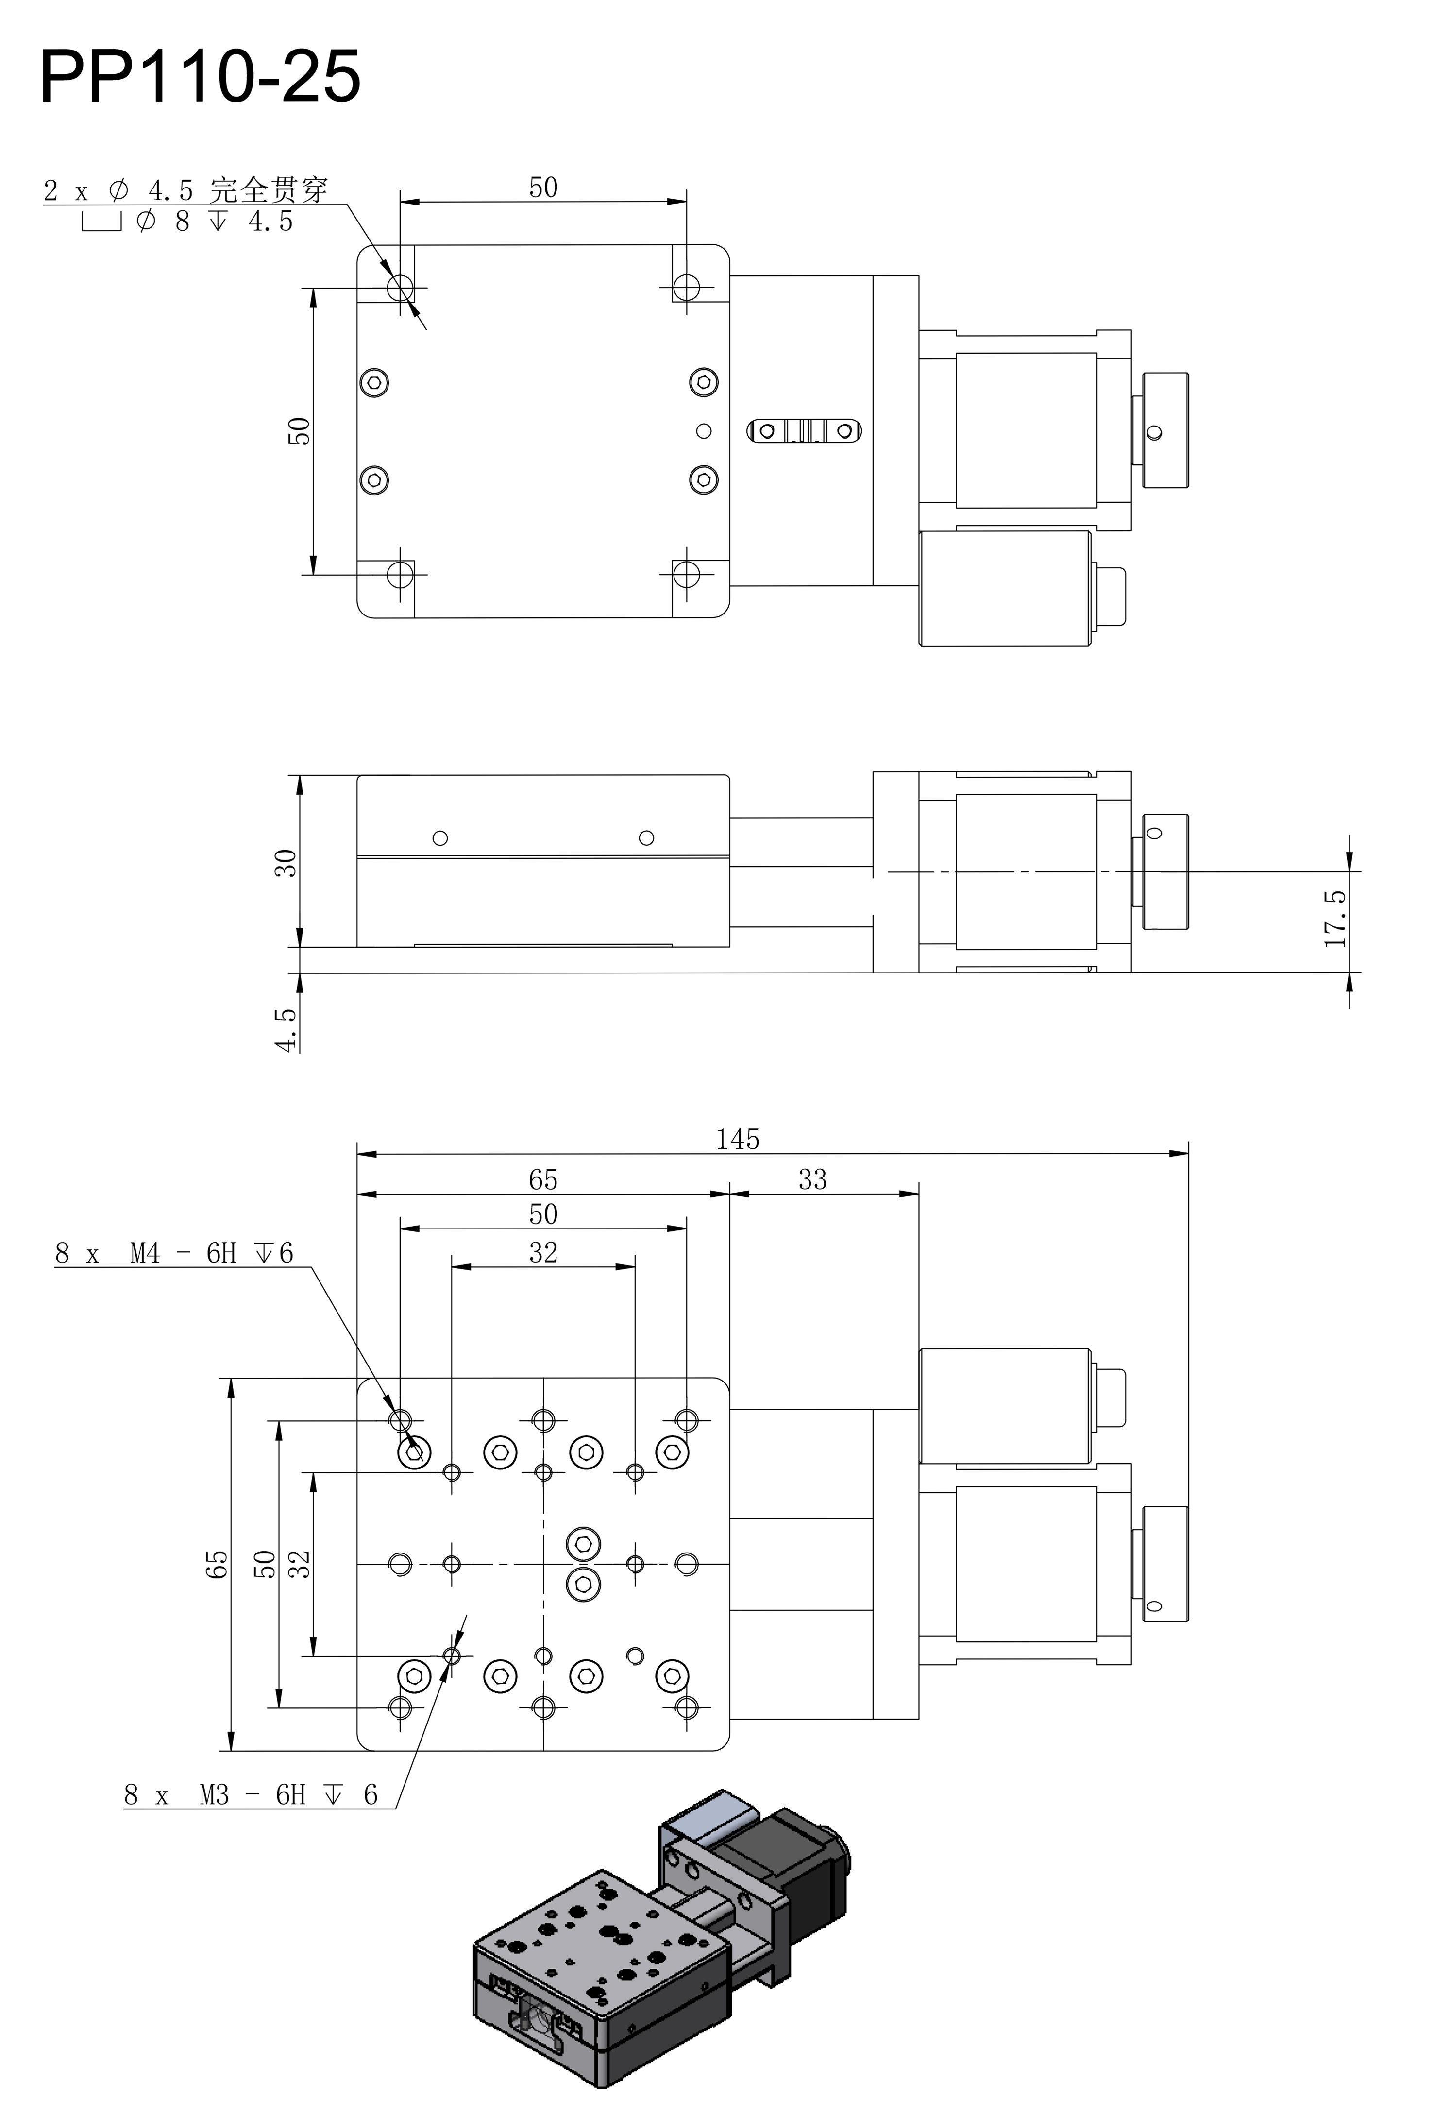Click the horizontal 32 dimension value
point(543,1253)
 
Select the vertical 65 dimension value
point(217,1564)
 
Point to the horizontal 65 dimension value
point(543,1180)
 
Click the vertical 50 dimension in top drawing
point(299,431)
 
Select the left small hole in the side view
point(440,837)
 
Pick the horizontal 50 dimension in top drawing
point(543,188)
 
